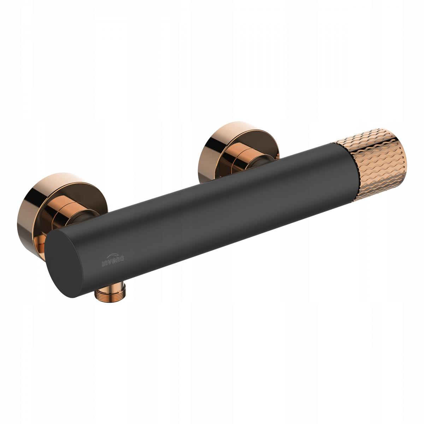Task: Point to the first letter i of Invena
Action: tap(103, 264)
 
